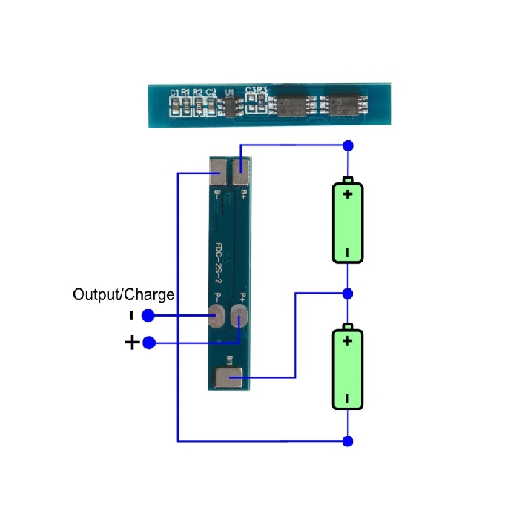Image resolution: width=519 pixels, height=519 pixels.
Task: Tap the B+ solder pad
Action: click(242, 173)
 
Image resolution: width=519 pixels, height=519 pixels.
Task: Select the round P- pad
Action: click(217, 320)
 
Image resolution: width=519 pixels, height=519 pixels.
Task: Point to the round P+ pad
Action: click(240, 320)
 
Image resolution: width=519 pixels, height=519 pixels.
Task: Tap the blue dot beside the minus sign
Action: click(148, 316)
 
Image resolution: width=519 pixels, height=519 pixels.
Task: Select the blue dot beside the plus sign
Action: click(148, 343)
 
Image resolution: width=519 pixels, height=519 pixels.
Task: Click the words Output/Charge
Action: click(124, 294)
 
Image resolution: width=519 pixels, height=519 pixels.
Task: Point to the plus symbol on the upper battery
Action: click(347, 194)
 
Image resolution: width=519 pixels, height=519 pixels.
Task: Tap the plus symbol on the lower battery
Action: click(347, 340)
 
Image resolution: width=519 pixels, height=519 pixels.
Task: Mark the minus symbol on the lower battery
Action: click(347, 397)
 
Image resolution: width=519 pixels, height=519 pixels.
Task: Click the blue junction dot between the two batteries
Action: click(348, 293)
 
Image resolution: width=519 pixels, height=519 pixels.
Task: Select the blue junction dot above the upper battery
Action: click(348, 145)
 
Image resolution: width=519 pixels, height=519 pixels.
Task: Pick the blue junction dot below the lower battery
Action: click(348, 441)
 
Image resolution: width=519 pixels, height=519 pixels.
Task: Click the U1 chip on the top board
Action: click(230, 106)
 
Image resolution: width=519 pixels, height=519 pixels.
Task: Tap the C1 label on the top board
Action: click(175, 92)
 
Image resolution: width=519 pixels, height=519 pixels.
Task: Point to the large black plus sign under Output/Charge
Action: click(131, 343)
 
